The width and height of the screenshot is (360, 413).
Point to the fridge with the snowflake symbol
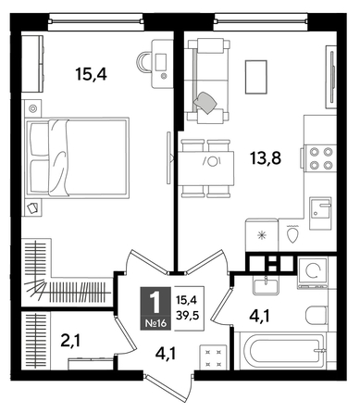pos(258,235)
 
